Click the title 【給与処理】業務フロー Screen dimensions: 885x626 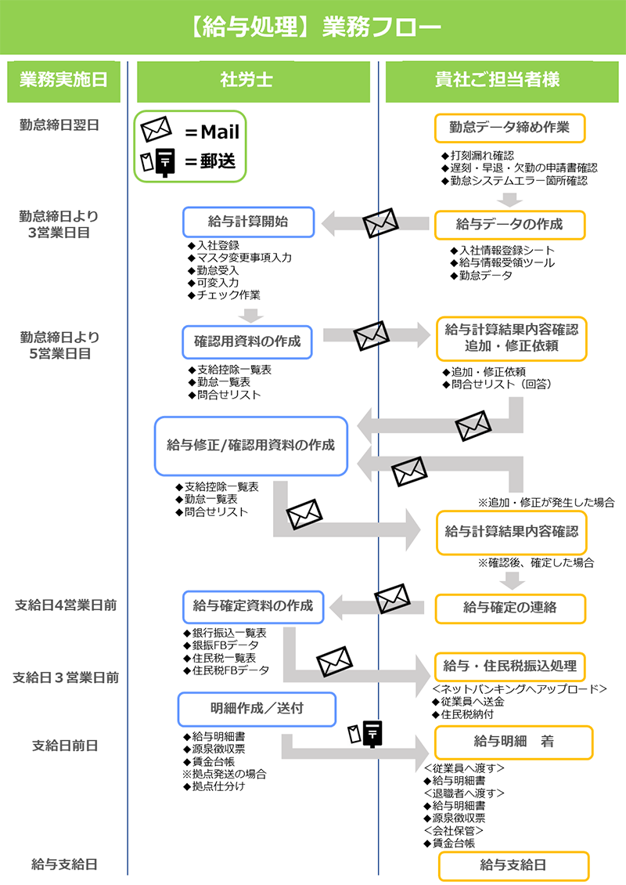pos(313,28)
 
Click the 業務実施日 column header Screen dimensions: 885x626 pos(63,80)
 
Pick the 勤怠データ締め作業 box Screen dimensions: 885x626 pos(509,128)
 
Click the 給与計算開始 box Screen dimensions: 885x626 pos(248,222)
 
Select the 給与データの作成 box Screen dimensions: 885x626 pos(509,225)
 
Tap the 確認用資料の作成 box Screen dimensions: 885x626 pos(247,341)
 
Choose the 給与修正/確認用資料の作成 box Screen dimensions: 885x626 pos(250,446)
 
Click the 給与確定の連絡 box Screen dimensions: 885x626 pos(509,608)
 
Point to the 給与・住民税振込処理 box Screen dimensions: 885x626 pos(510,666)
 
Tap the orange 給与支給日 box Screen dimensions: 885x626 pos(513,865)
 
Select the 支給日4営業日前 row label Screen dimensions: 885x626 pos(66,605)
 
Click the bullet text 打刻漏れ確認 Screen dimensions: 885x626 pos(482,155)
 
